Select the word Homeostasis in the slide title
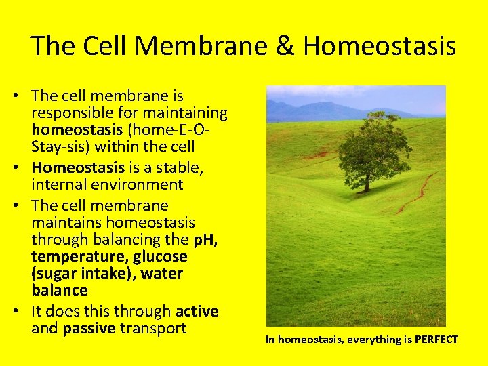(380, 46)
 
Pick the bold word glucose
(160, 257)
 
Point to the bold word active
(197, 312)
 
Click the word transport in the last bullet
(152, 329)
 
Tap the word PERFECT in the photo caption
(432, 339)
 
